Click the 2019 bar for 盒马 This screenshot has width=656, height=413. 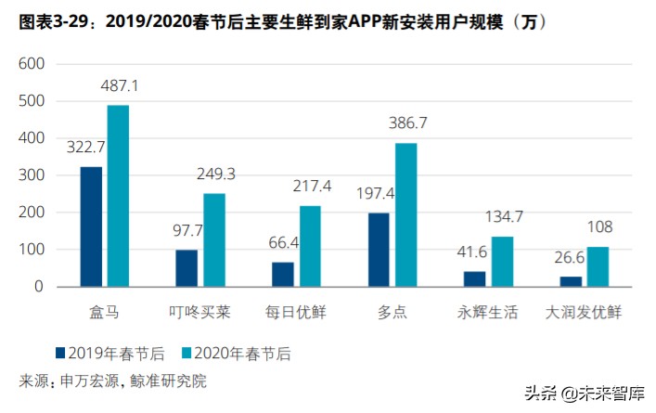pyautogui.click(x=91, y=226)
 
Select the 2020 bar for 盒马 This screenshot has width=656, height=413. pyautogui.click(x=118, y=196)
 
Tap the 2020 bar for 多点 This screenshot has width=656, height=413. pyautogui.click(x=405, y=214)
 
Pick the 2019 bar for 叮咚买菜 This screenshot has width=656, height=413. pyautogui.click(x=187, y=268)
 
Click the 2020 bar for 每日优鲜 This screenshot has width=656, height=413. pyautogui.click(x=310, y=246)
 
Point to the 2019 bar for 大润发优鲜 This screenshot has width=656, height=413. pyautogui.click(x=571, y=281)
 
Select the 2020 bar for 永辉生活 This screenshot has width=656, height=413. pyautogui.click(x=502, y=262)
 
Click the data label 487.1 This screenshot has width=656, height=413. pyautogui.click(x=118, y=85)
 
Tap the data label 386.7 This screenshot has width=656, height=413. pyautogui.click(x=405, y=123)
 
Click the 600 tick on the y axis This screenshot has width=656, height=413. pyautogui.click(x=31, y=64)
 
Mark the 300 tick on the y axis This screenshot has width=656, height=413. pyautogui.click(x=31, y=175)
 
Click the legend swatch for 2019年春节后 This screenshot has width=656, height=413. pyautogui.click(x=61, y=353)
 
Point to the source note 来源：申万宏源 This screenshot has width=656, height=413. pyautogui.click(x=112, y=380)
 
